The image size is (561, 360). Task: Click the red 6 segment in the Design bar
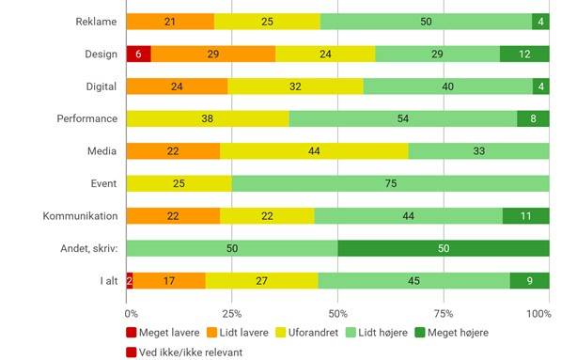pos(138,54)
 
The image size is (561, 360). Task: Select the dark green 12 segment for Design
pos(524,54)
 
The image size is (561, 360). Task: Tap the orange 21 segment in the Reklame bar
pos(170,22)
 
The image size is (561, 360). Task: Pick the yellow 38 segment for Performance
pos(208,118)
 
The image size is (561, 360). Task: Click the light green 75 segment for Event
pos(391,183)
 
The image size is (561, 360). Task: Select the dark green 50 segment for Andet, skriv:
pos(444,248)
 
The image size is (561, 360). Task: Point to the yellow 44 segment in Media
pos(314,151)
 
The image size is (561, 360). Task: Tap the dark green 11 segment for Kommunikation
pos(526,216)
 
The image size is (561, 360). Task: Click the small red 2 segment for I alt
pos(130,281)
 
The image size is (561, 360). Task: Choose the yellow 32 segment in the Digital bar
pos(295,86)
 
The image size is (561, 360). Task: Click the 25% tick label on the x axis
pos(232,314)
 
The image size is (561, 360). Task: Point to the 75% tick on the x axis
pos(444,314)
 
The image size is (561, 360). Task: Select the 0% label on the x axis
pos(132,314)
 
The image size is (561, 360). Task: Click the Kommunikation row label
pos(80,216)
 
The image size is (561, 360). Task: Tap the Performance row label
pos(87,118)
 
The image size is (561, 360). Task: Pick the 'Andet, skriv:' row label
pos(89,248)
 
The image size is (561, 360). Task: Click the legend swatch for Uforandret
pos(280,333)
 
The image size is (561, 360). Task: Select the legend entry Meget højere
pos(451,333)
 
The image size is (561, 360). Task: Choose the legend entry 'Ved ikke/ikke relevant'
pos(184,352)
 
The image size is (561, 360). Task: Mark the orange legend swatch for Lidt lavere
pos(211,333)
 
